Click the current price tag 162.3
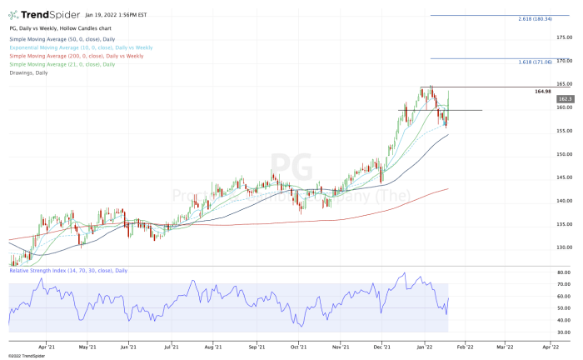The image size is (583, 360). tap(566, 98)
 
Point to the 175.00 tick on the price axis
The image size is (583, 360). tap(566, 37)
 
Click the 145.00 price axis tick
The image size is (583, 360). tap(566, 177)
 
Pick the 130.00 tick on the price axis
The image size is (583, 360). tap(566, 247)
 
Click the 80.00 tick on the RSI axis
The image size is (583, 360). tap(565, 272)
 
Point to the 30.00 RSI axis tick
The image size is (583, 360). tap(565, 332)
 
